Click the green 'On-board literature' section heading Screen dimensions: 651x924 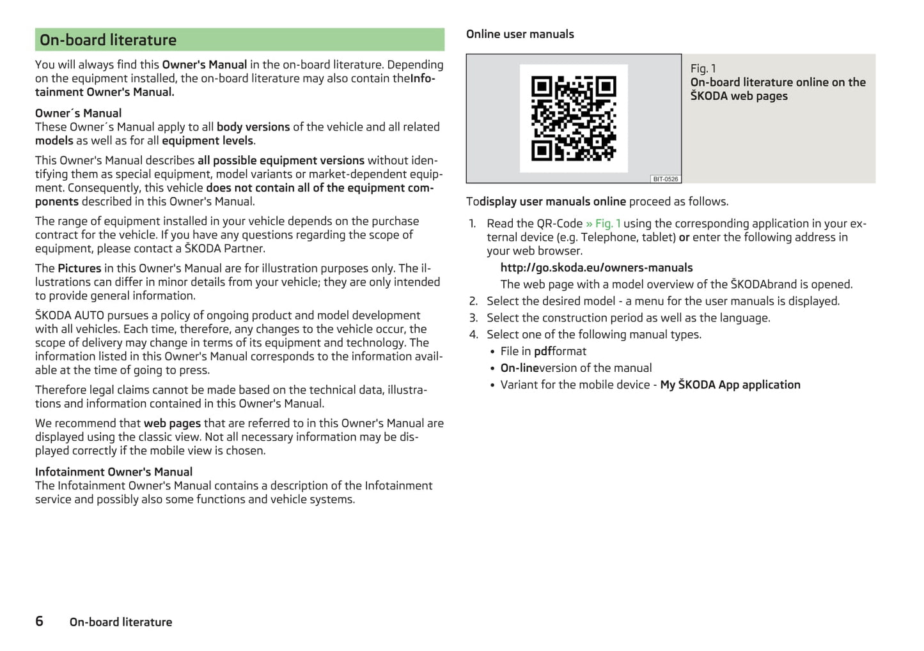[x=108, y=40]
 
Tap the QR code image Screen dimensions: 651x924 [x=574, y=118]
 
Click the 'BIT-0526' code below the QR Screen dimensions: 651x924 [x=665, y=179]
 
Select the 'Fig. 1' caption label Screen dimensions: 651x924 [x=703, y=68]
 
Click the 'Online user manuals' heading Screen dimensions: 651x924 [x=520, y=34]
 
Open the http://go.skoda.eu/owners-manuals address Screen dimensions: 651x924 [x=596, y=268]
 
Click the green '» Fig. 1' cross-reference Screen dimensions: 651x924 [x=602, y=224]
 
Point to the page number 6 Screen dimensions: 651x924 [x=39, y=621]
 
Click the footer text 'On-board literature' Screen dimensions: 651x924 [x=121, y=622]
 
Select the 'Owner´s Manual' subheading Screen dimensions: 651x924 [x=78, y=113]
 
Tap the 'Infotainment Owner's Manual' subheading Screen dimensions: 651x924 [x=114, y=471]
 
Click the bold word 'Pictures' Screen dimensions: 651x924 [x=79, y=268]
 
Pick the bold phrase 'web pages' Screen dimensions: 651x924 [x=172, y=423]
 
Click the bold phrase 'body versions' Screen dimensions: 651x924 [x=253, y=126]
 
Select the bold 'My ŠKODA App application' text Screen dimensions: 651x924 [x=730, y=385]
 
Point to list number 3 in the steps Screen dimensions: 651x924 [x=473, y=318]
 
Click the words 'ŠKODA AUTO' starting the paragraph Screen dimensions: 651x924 [x=69, y=315]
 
